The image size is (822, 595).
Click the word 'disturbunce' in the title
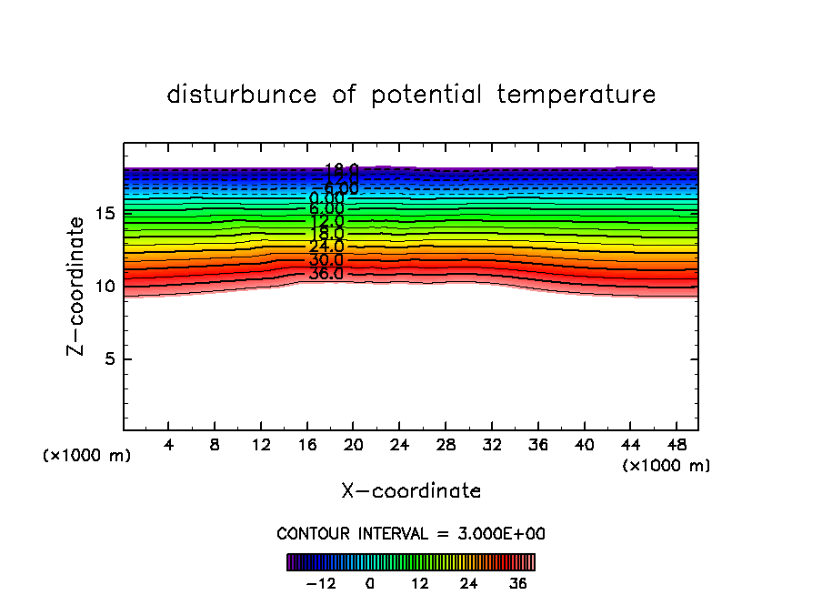(x=242, y=95)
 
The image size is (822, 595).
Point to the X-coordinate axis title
(x=411, y=491)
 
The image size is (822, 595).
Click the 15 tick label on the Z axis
(x=105, y=214)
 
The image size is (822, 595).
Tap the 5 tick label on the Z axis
(x=106, y=359)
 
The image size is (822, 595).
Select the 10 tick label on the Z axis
(x=105, y=287)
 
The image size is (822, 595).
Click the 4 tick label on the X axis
(x=169, y=445)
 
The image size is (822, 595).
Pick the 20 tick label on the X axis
(x=353, y=445)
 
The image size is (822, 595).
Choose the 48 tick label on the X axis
(x=676, y=445)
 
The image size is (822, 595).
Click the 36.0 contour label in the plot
(x=326, y=274)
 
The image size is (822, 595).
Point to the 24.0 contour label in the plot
(x=326, y=247)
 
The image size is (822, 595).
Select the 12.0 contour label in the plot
(x=326, y=221)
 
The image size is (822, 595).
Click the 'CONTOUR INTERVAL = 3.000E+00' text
(x=411, y=534)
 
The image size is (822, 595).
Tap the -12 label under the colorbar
(x=321, y=583)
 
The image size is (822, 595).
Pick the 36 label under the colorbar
(x=518, y=583)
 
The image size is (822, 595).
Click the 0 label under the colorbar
(x=370, y=583)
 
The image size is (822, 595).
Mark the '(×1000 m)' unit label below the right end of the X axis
(x=667, y=466)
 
